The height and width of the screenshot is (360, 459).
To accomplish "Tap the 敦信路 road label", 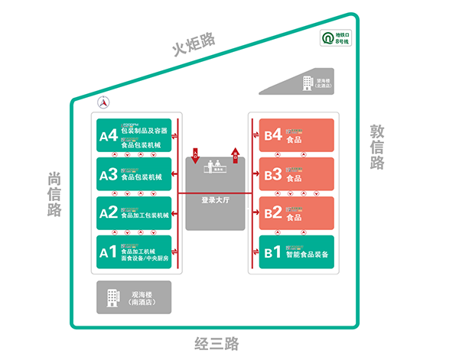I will pyautogui.click(x=376, y=147).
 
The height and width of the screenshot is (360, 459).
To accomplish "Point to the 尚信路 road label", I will pyautogui.click(x=54, y=193).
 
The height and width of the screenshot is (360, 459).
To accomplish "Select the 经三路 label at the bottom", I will pyautogui.click(x=216, y=343).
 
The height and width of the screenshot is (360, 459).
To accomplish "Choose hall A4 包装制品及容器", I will pyautogui.click(x=134, y=135).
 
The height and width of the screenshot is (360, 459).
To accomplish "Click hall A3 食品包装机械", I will pyautogui.click(x=134, y=175).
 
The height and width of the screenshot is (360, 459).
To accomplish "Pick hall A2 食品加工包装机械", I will pyautogui.click(x=134, y=213).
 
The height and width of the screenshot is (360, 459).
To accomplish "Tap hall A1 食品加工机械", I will pyautogui.click(x=134, y=252).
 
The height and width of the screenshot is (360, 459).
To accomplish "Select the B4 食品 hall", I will pyautogui.click(x=297, y=135).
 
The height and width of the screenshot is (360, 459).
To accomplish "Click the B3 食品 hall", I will pyautogui.click(x=297, y=175).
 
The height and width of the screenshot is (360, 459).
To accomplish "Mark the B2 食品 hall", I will pyautogui.click(x=297, y=213).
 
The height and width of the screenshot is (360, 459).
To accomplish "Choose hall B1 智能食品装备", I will pyautogui.click(x=297, y=252).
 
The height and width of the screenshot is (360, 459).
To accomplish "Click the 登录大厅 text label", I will pyautogui.click(x=216, y=200).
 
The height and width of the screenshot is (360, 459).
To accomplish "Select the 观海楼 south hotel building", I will pyautogui.click(x=134, y=297).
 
